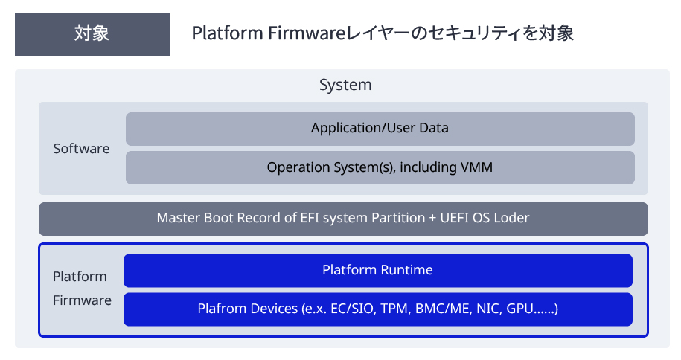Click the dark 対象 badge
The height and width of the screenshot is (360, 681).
point(92,34)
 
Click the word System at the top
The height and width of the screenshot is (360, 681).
point(345,85)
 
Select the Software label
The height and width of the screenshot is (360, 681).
point(81,149)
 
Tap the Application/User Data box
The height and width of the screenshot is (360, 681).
point(380,128)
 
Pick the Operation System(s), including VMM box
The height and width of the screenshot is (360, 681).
point(380,168)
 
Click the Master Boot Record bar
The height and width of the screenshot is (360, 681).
point(343,219)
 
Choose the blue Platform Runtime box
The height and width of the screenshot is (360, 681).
point(377,270)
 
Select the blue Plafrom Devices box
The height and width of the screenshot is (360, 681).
point(377,309)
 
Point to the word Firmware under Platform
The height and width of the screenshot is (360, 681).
point(82,300)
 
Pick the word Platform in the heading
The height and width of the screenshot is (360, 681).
point(218,34)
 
